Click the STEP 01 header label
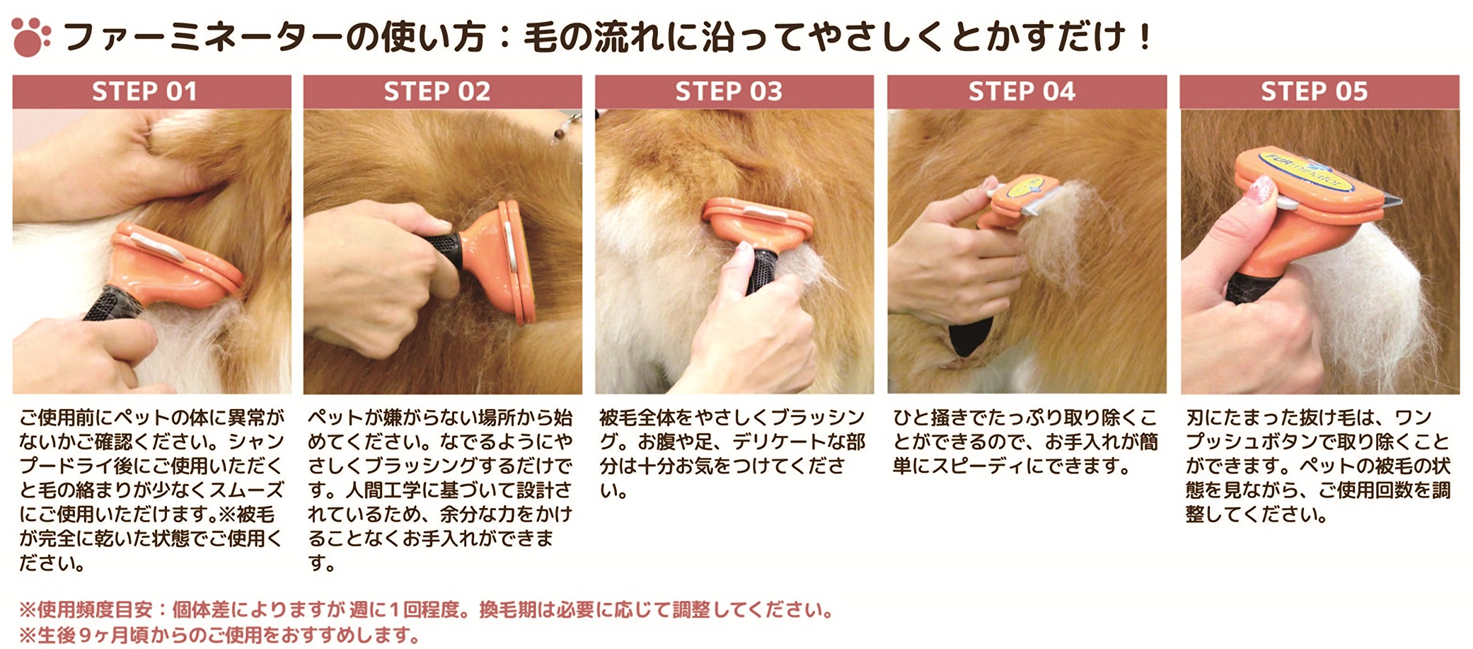(x=144, y=91)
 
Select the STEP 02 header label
(x=437, y=91)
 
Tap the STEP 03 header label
(x=728, y=91)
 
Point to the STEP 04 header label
(x=1021, y=91)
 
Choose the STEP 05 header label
(x=1314, y=91)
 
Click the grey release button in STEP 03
(x=765, y=215)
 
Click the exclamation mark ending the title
(x=1146, y=36)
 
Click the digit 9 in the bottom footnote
(x=85, y=635)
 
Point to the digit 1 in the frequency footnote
(x=394, y=610)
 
